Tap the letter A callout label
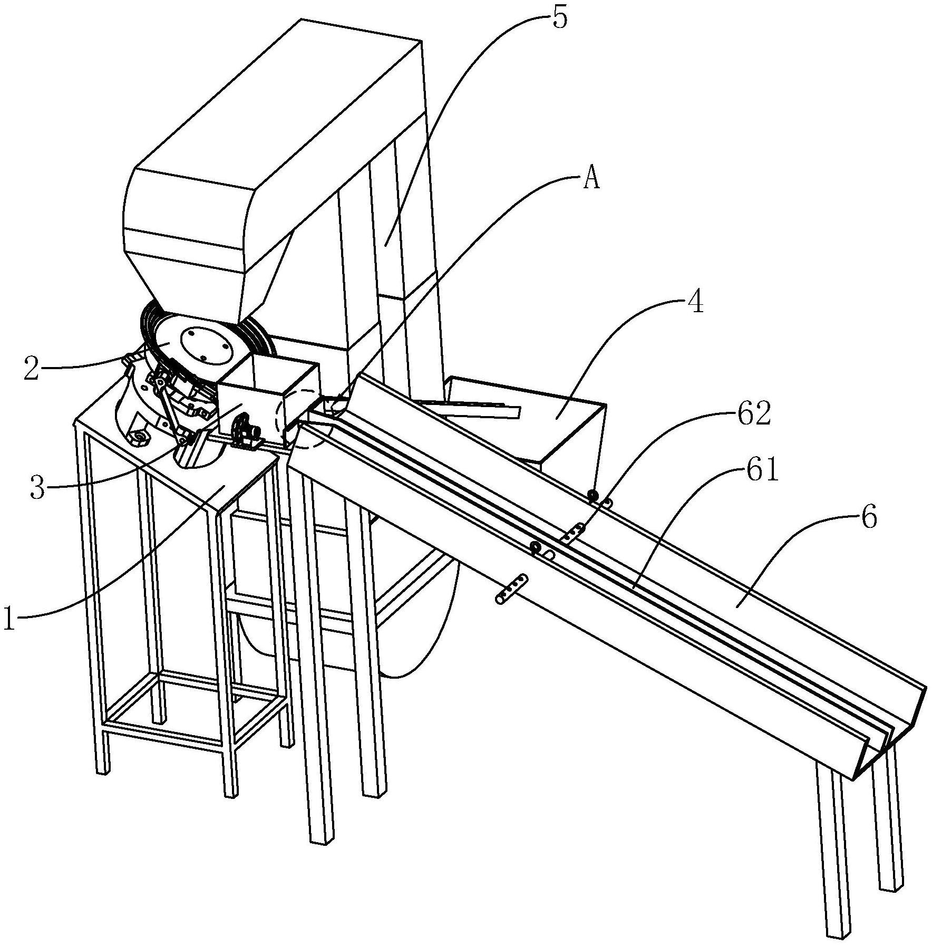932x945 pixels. tap(591, 179)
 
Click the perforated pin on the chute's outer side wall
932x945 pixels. tap(511, 588)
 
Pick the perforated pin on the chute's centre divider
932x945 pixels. tap(574, 533)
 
